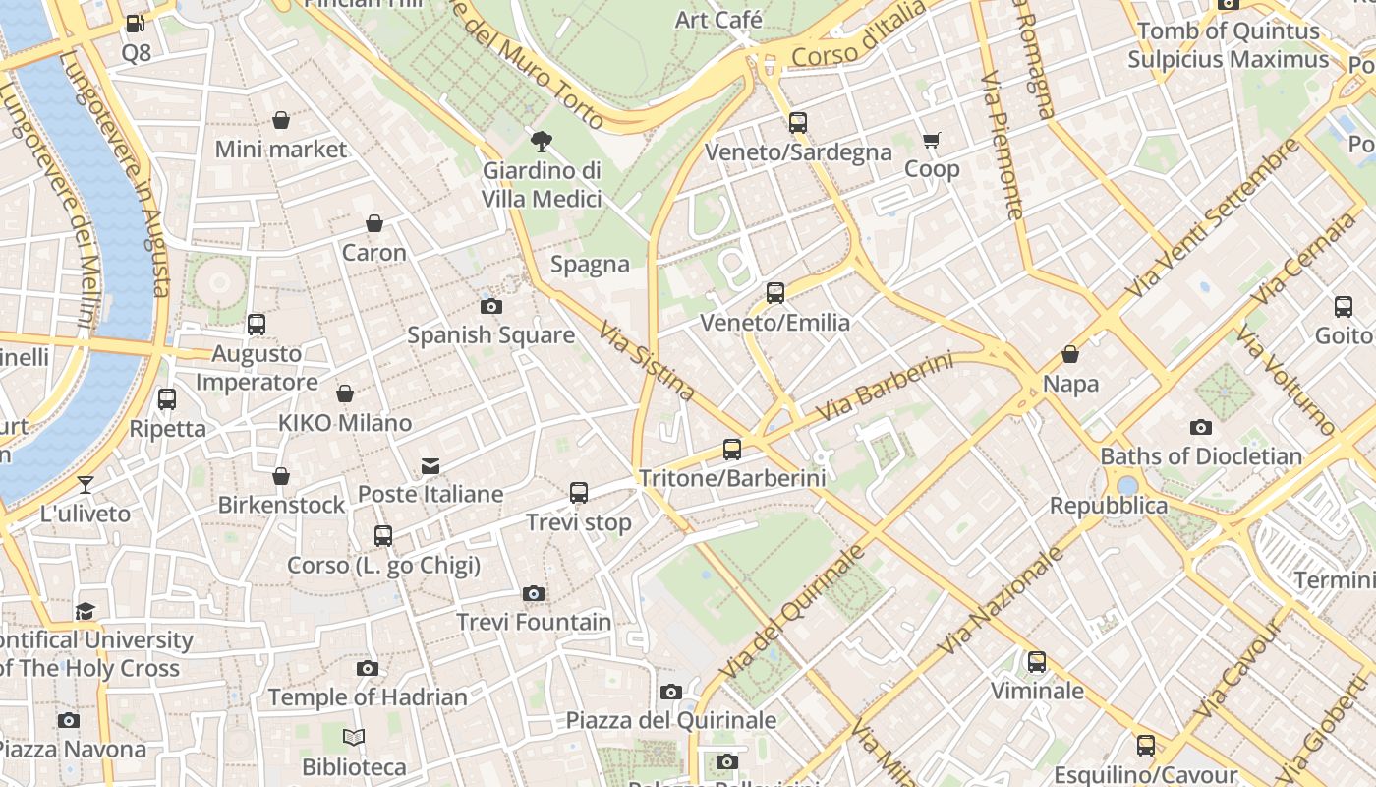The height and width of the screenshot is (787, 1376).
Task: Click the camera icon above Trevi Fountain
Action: [x=534, y=593]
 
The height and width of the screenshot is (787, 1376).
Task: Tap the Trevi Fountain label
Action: [x=534, y=622]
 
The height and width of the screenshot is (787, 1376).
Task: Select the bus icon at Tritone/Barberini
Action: [x=732, y=450]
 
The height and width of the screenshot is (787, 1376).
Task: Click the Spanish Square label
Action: [x=490, y=335]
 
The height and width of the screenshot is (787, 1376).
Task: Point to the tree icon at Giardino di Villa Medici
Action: [x=541, y=142]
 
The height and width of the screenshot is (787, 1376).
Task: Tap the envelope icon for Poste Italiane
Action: [x=430, y=465]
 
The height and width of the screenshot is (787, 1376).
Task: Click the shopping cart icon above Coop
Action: [x=932, y=141]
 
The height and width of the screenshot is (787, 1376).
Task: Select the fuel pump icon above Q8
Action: [x=136, y=24]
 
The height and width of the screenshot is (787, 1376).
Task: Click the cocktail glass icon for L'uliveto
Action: [x=86, y=485]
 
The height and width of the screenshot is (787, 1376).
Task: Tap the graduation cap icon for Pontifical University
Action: [x=86, y=611]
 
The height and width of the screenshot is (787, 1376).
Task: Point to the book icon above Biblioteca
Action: [x=354, y=737]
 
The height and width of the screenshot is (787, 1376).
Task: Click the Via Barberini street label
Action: [x=885, y=389]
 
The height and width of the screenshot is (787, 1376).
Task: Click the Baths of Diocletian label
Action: [x=1200, y=456]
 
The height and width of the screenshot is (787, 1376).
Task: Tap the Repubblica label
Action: [x=1109, y=506]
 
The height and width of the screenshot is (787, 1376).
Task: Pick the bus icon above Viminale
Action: [x=1037, y=662]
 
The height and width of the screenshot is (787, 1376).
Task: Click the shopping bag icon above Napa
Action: [x=1070, y=354]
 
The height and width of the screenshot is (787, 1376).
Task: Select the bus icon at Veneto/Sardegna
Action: [x=798, y=123]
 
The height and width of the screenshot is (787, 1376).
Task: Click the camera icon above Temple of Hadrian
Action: [x=368, y=669]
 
